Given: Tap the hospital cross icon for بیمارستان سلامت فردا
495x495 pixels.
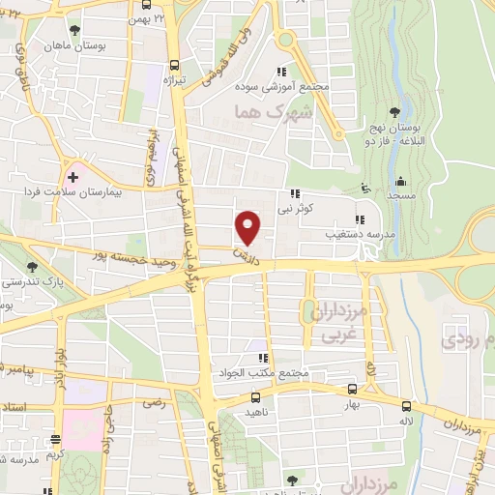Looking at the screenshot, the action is (73, 177).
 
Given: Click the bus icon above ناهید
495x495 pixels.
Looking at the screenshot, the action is (255, 396).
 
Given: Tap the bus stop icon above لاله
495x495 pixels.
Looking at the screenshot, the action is (406, 407).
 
